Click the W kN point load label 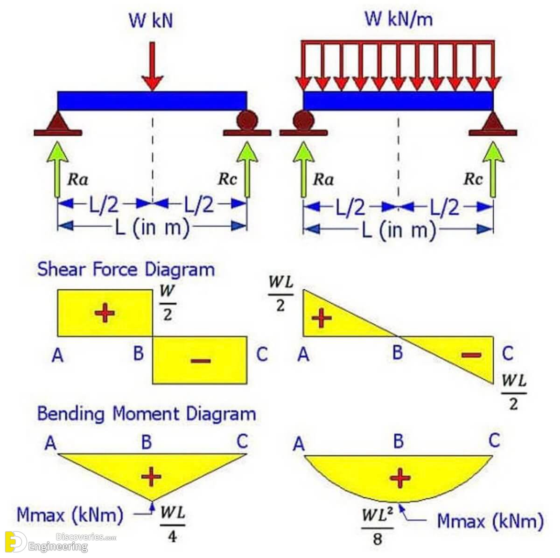click(151, 21)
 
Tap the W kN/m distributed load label click(399, 19)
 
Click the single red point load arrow click(152, 66)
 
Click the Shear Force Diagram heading click(126, 269)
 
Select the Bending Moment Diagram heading click(147, 413)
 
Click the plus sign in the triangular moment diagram click(151, 476)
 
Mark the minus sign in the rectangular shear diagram click(201, 361)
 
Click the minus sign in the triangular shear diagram click(471, 355)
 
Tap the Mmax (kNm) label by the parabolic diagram click(490, 521)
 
